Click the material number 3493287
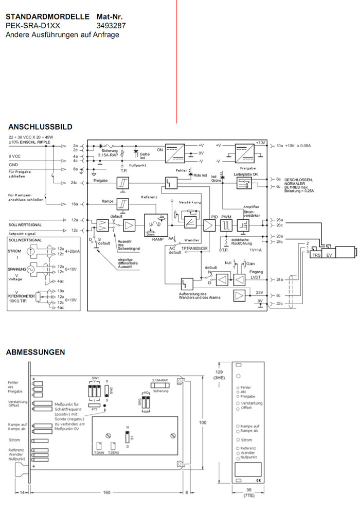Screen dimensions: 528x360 (111, 25)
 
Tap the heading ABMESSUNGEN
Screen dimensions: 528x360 (35, 353)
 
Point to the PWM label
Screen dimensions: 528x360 (226, 217)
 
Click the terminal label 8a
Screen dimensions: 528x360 (75, 169)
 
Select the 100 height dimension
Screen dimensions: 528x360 (203, 423)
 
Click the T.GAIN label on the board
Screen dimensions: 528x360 (98, 452)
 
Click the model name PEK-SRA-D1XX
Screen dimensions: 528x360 (33, 25)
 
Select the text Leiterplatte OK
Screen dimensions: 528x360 (246, 174)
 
